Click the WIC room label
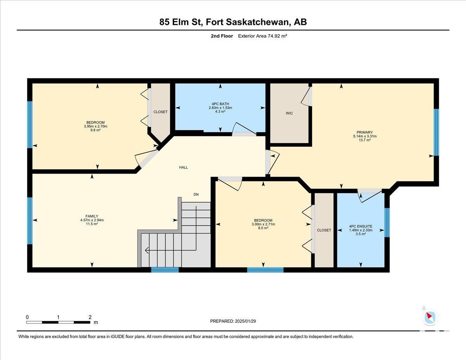(x=289, y=113)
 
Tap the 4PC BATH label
(x=220, y=104)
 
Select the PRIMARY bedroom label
(x=365, y=132)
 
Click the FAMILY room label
(x=92, y=216)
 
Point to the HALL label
(x=183, y=167)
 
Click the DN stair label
(x=196, y=195)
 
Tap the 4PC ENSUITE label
(x=361, y=226)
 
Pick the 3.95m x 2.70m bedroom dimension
(x=96, y=126)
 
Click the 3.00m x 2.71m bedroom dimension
(x=263, y=224)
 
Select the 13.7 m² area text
(x=365, y=140)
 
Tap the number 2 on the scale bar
(x=90, y=317)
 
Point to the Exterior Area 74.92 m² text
(x=263, y=36)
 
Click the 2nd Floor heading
(x=222, y=36)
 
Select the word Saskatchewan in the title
(x=257, y=22)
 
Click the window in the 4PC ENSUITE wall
(x=387, y=223)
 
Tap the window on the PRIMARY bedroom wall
(x=436, y=132)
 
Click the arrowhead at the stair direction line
(x=146, y=250)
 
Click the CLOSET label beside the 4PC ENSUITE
(x=324, y=230)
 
